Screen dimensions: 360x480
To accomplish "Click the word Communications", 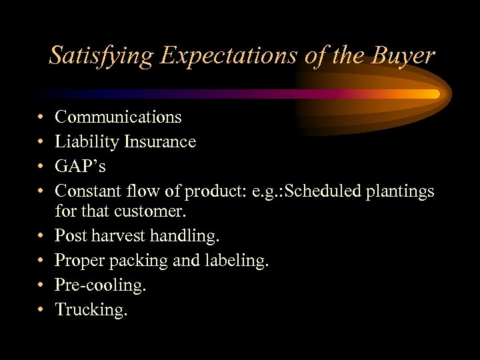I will [x=118, y=117].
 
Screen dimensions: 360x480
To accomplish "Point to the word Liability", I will [x=83, y=141].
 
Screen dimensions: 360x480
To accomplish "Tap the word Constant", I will [x=87, y=191].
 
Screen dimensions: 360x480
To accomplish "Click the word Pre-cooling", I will [x=100, y=285].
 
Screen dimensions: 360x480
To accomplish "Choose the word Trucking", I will [x=91, y=310].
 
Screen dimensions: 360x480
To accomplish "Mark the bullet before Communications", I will [x=41, y=118].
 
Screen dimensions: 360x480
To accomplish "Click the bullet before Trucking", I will [x=41, y=310].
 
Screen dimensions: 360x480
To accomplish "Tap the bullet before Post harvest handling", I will [x=41, y=236].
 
